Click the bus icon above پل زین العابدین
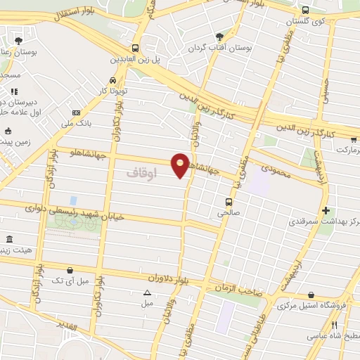136,49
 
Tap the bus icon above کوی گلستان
305,11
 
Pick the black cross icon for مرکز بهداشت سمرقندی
325,210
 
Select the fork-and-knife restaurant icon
335,325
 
